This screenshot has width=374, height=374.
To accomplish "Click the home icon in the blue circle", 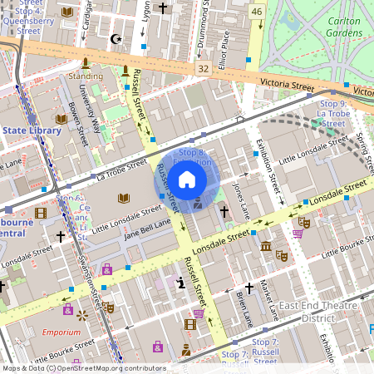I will [x=187, y=179].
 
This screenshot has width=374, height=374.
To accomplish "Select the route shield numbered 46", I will [x=257, y=11].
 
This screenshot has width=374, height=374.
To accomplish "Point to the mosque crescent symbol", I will [x=116, y=38].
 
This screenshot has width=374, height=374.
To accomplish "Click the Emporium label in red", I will [x=62, y=332].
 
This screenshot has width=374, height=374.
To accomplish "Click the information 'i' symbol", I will [x=181, y=283].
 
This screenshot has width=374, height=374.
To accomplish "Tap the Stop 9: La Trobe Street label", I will [x=332, y=113].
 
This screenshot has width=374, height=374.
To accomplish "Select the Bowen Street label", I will [x=76, y=121].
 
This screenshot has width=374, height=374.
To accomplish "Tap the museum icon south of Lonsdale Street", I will [x=265, y=246].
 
